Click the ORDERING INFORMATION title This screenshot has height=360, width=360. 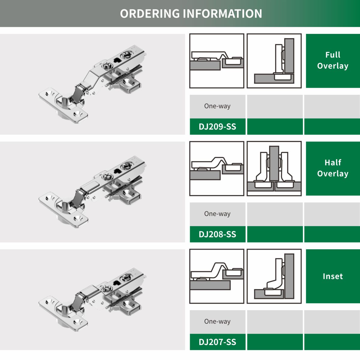[x=191, y=13]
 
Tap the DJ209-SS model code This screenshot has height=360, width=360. [x=217, y=127]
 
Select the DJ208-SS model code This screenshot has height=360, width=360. [x=217, y=234]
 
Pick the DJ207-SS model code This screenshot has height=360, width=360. [x=217, y=342]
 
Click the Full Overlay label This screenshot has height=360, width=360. [x=333, y=60]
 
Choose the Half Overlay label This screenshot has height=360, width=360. [x=333, y=168]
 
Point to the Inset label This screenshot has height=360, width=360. [x=333, y=276]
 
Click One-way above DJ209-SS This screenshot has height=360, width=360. [x=217, y=106]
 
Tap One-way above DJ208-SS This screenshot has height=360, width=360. [x=217, y=214]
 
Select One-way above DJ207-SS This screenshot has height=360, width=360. [x=217, y=321]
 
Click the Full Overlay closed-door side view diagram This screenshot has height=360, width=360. [x=217, y=61]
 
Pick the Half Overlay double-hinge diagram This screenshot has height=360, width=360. [x=274, y=169]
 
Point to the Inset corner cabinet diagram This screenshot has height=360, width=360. [x=274, y=276]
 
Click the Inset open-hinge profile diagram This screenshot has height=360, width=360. [x=217, y=276]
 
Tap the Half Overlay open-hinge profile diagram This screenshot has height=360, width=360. [x=217, y=169]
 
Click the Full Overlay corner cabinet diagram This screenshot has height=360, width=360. [x=274, y=61]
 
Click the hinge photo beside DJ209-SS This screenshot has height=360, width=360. [x=92, y=84]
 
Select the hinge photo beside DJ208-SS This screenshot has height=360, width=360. [x=92, y=192]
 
